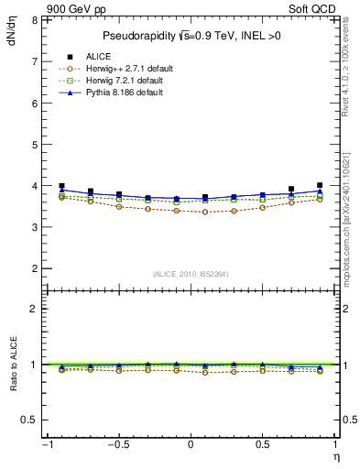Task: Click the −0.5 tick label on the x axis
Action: point(117,445)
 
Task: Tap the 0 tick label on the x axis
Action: point(191,445)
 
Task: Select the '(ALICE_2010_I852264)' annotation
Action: point(191,274)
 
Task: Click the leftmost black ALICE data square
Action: point(62,186)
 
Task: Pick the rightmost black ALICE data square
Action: point(320,185)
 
